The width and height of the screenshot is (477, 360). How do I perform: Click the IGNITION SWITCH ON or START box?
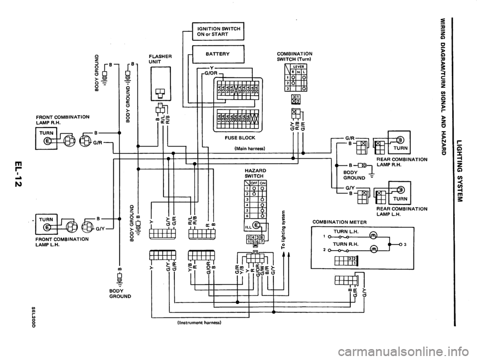(x=218, y=31)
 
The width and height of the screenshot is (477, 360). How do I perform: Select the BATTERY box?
(x=218, y=52)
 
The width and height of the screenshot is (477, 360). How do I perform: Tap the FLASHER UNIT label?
(x=160, y=59)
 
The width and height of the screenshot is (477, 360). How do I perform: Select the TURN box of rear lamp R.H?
(x=400, y=149)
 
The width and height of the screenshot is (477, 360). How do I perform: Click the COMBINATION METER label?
(x=340, y=221)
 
